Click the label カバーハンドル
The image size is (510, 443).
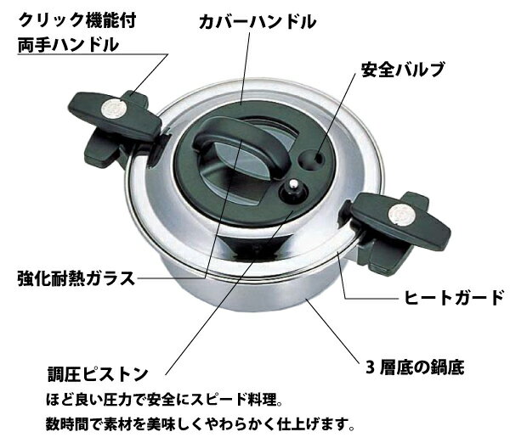click(x=258, y=22)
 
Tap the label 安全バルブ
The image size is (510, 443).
click(x=403, y=70)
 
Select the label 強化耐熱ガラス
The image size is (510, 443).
click(x=76, y=278)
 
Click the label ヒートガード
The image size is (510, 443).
click(x=453, y=297)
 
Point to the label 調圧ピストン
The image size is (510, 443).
click(x=98, y=373)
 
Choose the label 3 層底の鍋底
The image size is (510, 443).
click(x=415, y=367)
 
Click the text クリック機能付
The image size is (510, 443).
click(x=77, y=20)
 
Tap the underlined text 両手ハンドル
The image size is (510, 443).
click(x=68, y=44)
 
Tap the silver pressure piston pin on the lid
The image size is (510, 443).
click(x=294, y=186)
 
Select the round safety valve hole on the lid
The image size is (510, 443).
click(x=311, y=159)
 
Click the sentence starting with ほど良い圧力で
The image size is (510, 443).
click(x=164, y=400)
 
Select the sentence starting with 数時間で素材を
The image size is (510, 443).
click(x=200, y=423)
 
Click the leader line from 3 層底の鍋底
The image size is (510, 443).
click(x=332, y=330)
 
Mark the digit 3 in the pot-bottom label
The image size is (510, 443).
click(x=370, y=367)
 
